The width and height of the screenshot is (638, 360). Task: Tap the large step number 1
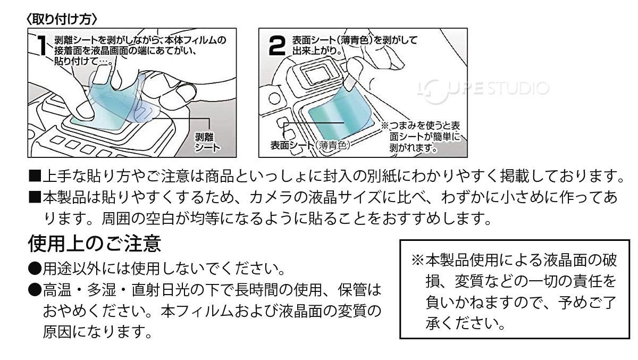tap(41, 49)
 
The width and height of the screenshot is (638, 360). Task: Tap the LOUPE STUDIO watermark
tap(479, 87)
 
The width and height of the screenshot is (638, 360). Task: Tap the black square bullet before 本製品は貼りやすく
tap(34, 198)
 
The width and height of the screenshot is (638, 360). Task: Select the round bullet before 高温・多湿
tap(34, 289)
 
